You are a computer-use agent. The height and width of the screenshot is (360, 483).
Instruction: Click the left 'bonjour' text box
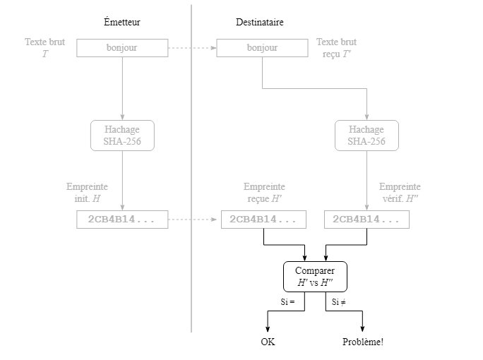pyautogui.click(x=122, y=48)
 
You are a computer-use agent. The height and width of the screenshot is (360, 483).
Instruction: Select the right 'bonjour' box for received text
pyautogui.click(x=262, y=48)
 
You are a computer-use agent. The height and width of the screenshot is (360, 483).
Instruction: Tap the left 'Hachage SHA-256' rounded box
pyautogui.click(x=122, y=135)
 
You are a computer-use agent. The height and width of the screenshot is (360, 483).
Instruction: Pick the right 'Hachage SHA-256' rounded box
pyautogui.click(x=366, y=135)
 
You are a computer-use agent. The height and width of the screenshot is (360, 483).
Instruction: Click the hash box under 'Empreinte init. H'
pyautogui.click(x=122, y=220)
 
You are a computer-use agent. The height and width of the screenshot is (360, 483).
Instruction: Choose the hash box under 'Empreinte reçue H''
pyautogui.click(x=263, y=220)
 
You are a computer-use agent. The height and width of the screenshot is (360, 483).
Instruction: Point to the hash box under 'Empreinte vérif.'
pyautogui.click(x=366, y=220)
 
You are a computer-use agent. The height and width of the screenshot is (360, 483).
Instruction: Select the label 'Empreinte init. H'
pyautogui.click(x=87, y=192)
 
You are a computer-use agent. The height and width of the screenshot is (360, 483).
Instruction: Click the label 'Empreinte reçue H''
pyautogui.click(x=264, y=192)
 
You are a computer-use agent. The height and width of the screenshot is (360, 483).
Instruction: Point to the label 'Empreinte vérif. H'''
pyautogui.click(x=400, y=192)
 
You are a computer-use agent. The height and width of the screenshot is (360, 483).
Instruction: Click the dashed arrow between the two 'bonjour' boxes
pyautogui.click(x=192, y=48)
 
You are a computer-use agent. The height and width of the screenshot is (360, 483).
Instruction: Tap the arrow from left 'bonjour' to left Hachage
pyautogui.click(x=122, y=88)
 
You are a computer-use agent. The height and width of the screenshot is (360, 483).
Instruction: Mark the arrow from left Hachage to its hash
pyautogui.click(x=122, y=180)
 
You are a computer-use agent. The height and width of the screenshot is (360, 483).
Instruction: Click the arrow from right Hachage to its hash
pyautogui.click(x=366, y=180)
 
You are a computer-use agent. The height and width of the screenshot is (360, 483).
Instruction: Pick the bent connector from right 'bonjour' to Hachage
pyautogui.click(x=314, y=88)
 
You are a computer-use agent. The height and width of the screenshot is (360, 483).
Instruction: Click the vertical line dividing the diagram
pyautogui.click(x=191, y=282)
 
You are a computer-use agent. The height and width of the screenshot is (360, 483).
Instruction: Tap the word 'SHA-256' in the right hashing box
pyautogui.click(x=366, y=141)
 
